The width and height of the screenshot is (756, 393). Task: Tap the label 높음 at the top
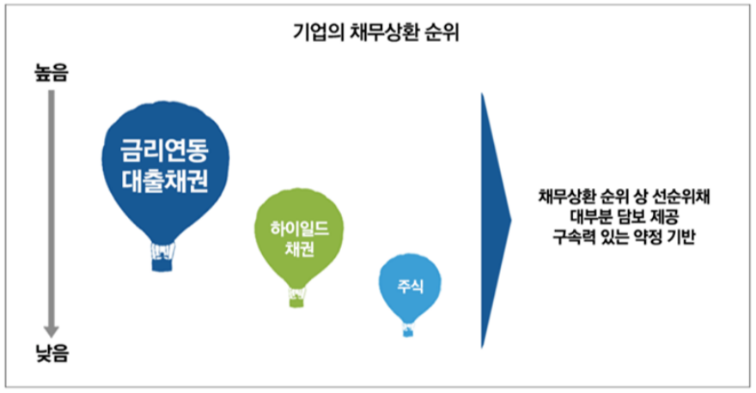pyautogui.click(x=52, y=75)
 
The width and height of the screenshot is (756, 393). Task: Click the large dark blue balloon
pyautogui.click(x=165, y=163)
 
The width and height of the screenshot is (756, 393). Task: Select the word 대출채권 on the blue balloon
pyautogui.click(x=166, y=181)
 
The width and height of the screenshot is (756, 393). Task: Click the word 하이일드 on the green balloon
pyautogui.click(x=295, y=228)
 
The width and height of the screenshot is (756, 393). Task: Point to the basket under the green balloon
pyautogui.click(x=296, y=298)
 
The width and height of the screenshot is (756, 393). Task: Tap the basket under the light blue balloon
pyautogui.click(x=407, y=330)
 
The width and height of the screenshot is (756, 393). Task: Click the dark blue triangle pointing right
pyautogui.click(x=493, y=219)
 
